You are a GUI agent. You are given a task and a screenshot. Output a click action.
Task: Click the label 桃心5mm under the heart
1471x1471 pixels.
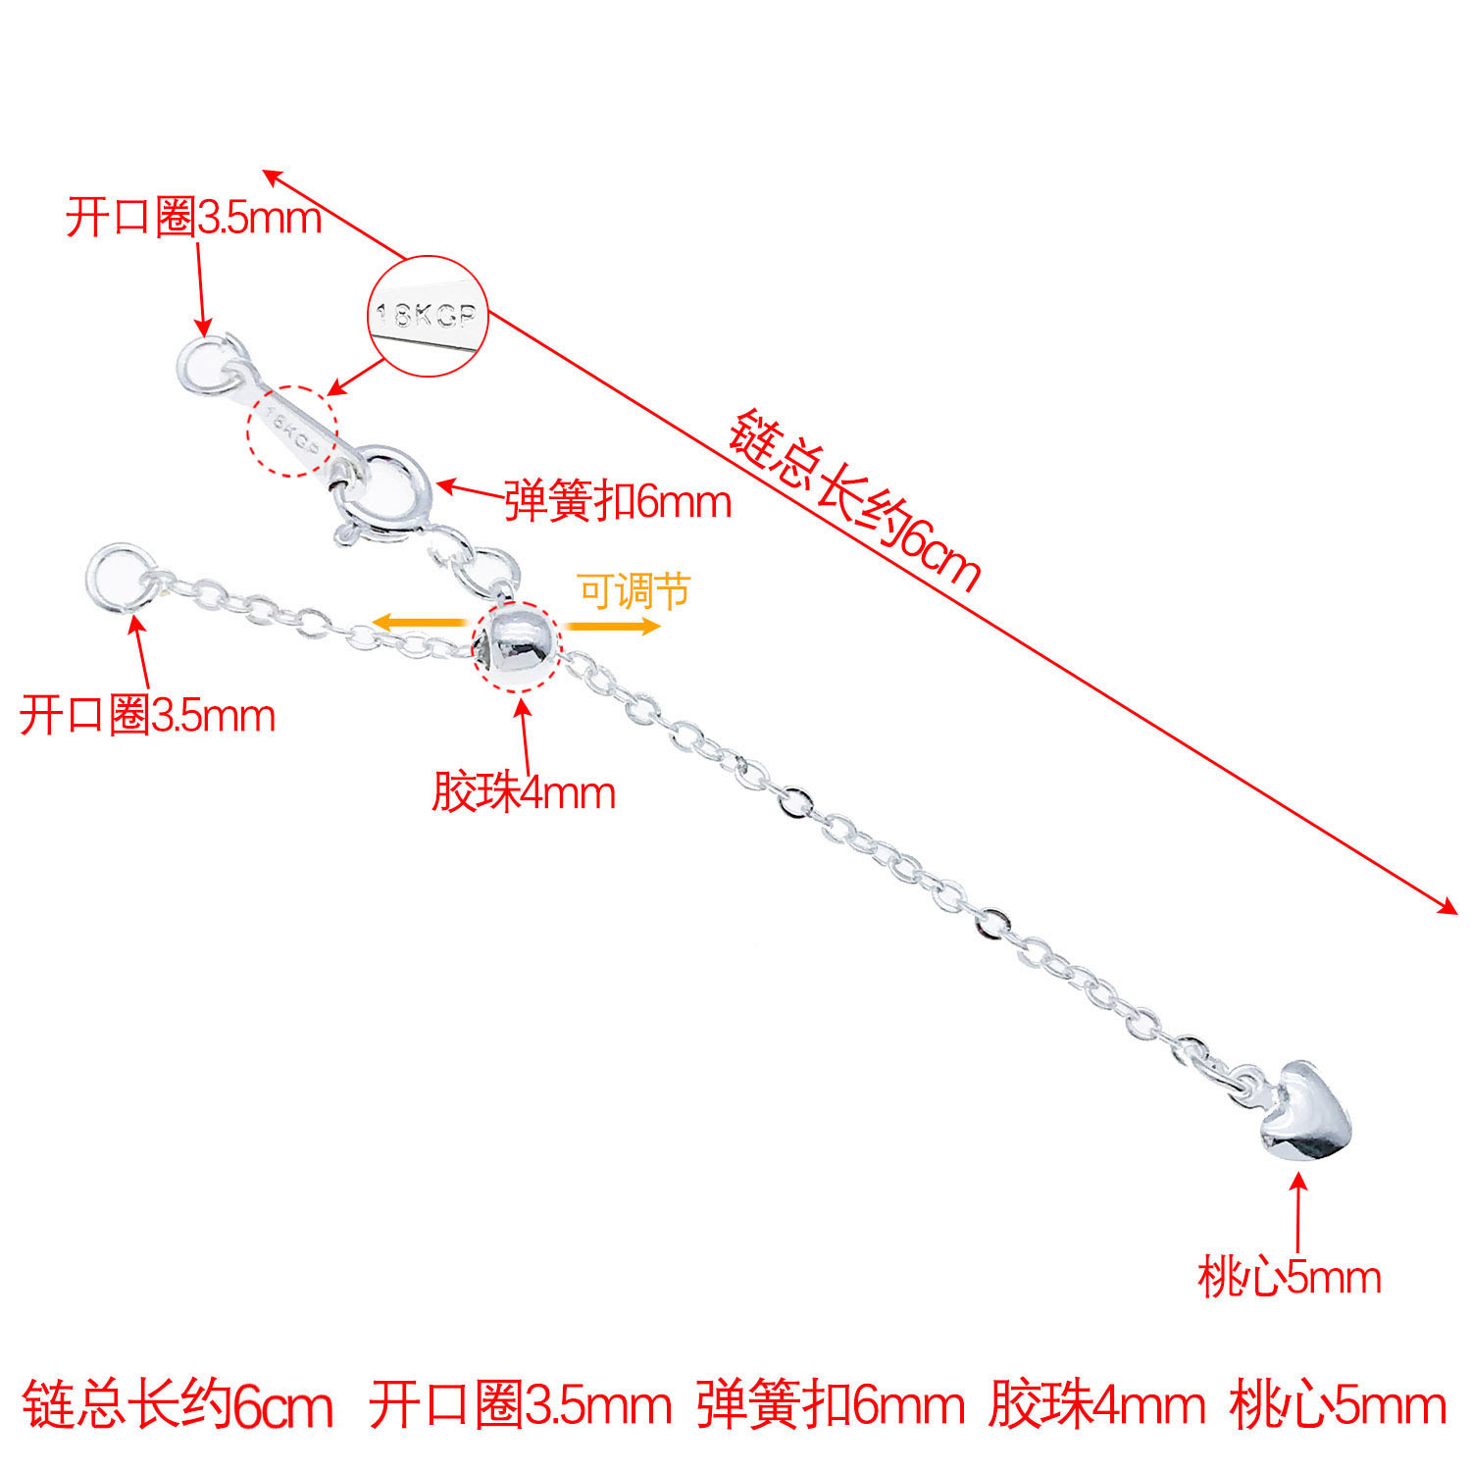1289,1278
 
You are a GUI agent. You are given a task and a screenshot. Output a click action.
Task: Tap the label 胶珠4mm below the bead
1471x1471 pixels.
524,792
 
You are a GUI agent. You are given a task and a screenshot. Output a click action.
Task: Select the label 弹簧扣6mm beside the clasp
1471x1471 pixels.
618,502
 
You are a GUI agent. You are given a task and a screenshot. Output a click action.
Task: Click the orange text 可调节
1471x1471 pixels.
634,591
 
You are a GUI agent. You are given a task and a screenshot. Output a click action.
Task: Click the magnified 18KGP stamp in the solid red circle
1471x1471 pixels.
429,316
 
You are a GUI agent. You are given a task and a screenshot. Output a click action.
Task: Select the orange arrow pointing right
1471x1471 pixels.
613,627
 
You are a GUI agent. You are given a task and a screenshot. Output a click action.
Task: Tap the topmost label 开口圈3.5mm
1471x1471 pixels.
193,217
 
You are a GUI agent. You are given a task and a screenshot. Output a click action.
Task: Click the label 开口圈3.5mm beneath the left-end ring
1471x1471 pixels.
147,716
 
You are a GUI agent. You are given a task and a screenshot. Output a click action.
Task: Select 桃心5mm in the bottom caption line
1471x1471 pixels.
1338,1404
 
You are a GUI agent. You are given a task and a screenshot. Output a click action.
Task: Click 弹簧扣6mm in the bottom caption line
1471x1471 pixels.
831,1404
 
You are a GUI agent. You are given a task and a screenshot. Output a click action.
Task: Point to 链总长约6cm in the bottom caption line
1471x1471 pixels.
177,1404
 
